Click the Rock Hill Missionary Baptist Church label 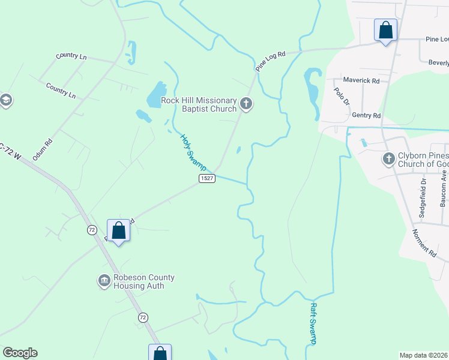click(199, 105)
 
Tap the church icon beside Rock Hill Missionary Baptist click(246, 104)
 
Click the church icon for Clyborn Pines click(388, 159)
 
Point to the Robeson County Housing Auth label click(144, 281)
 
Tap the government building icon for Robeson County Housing click(104, 281)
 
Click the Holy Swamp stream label click(194, 151)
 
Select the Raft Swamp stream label click(313, 323)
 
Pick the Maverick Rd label click(361, 80)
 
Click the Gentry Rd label click(367, 115)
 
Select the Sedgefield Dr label click(423, 192)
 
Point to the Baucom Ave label click(444, 191)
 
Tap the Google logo click(20, 353)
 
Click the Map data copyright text click(424, 355)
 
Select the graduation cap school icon click(6, 100)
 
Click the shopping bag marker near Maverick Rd click(385, 29)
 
